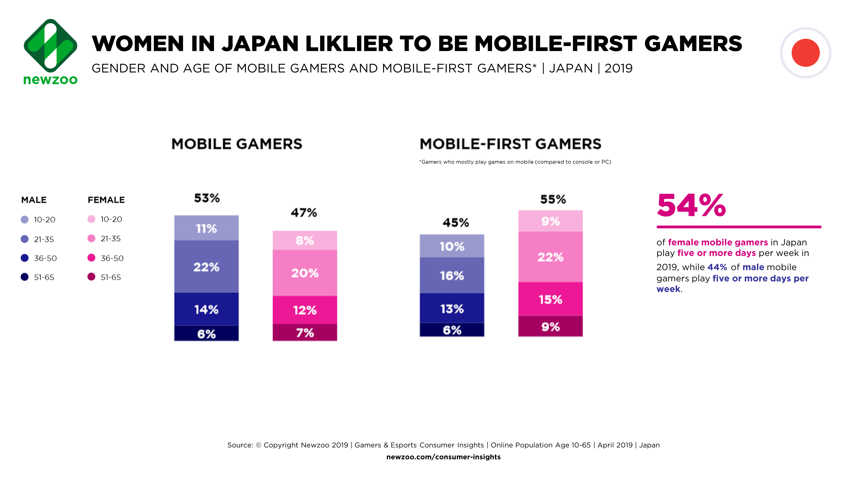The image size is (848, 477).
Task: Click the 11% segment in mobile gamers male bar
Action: [x=206, y=228]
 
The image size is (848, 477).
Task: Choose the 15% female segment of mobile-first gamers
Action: [x=550, y=299]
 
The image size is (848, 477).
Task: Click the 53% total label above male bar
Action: [x=207, y=198]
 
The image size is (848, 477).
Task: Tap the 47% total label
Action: [x=304, y=213]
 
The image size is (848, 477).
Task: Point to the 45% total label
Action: [x=456, y=223]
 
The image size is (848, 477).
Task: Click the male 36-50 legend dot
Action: [x=25, y=258]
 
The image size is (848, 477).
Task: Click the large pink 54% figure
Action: [x=691, y=205]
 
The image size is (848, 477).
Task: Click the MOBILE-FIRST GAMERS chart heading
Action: [x=510, y=144]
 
